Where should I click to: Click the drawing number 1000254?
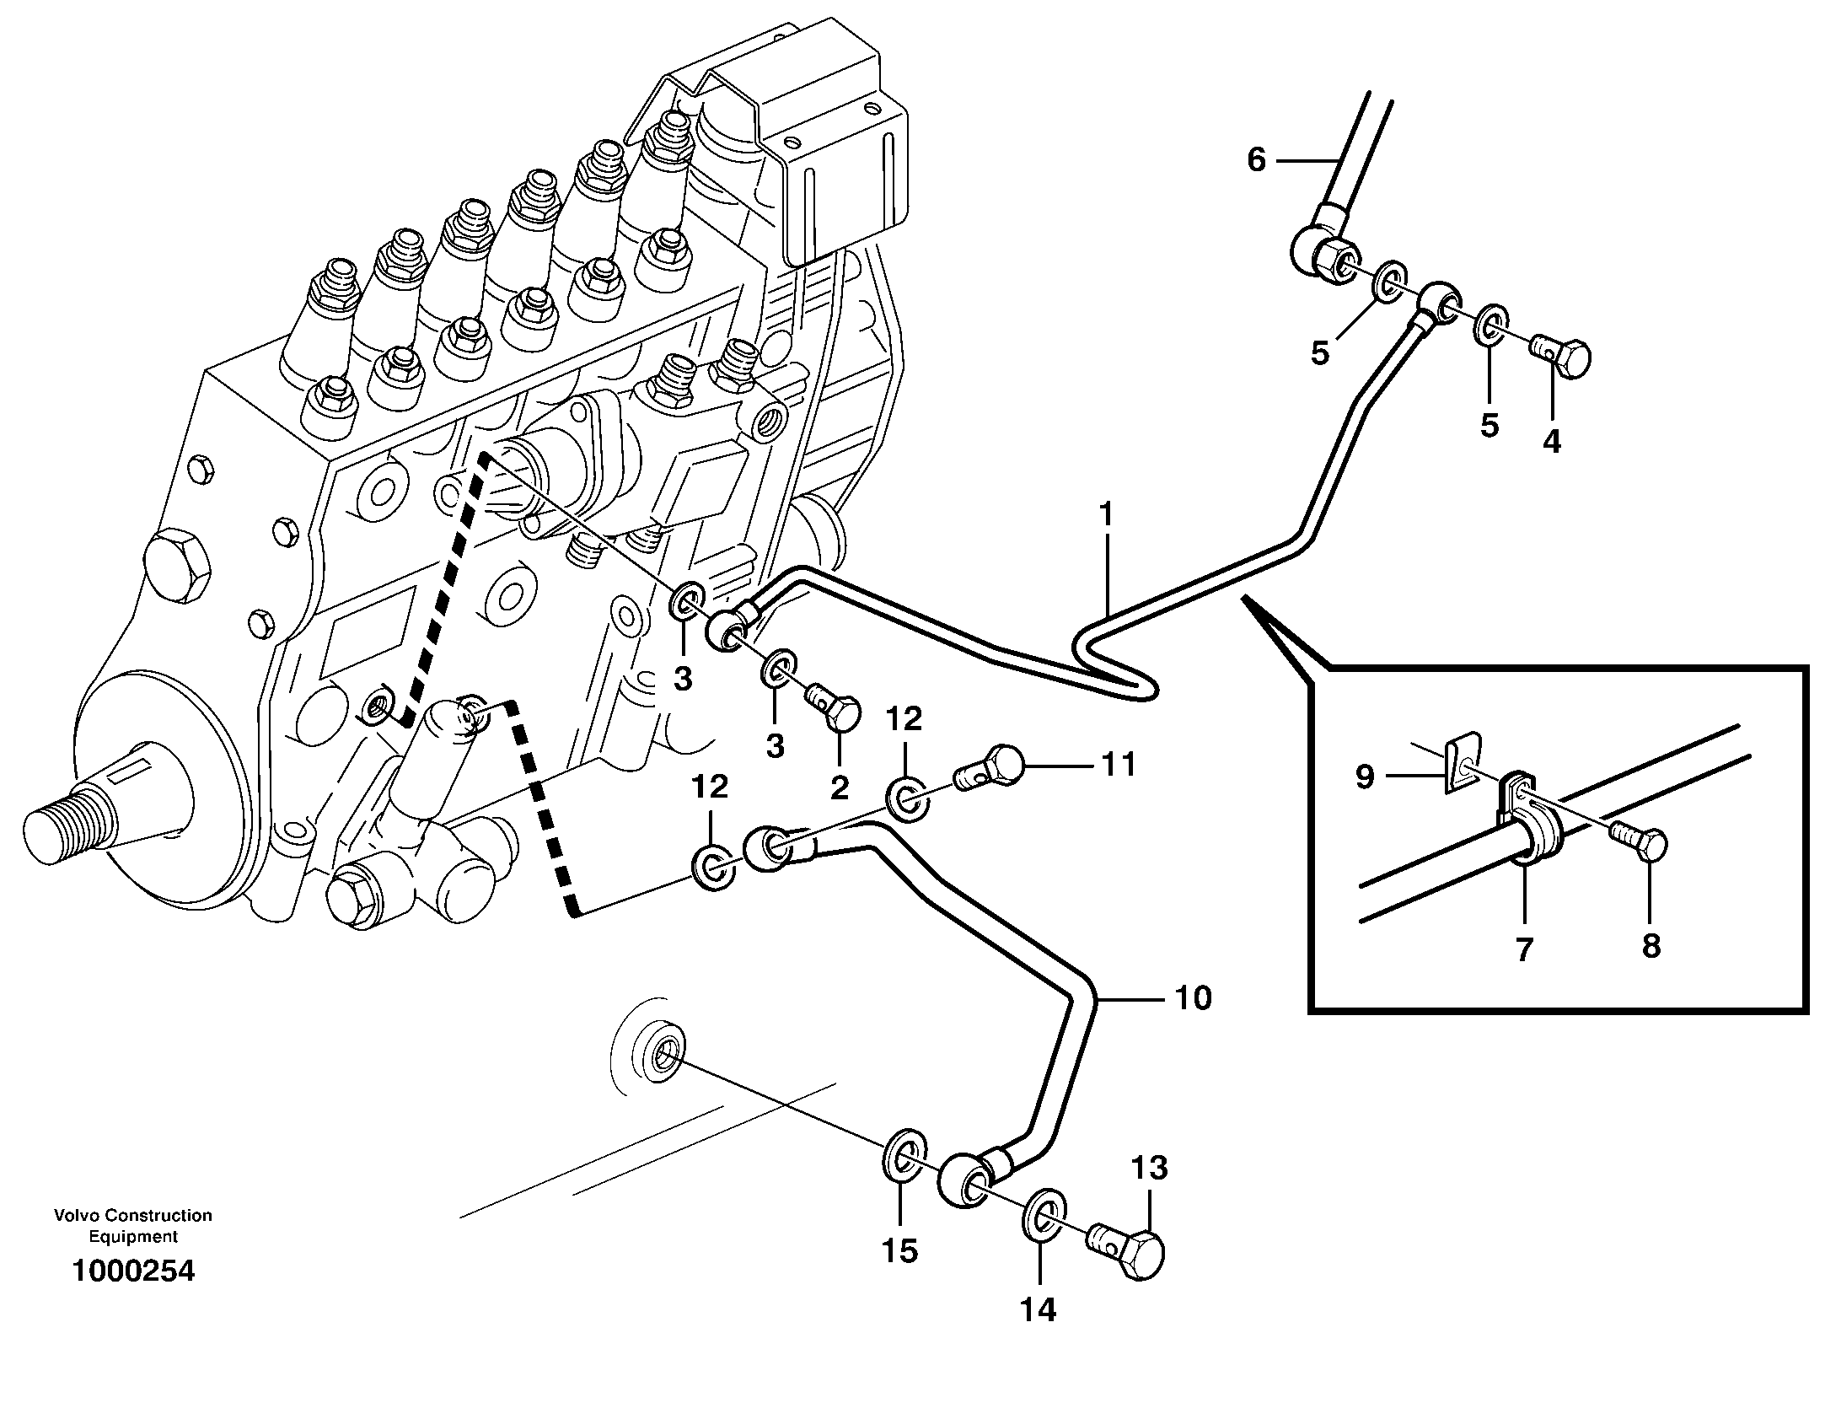pos(133,1271)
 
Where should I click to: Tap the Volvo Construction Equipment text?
pos(133,1226)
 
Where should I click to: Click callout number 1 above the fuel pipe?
pos(1105,513)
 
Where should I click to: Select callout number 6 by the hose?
pos(1256,159)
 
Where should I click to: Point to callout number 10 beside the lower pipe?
pos(1193,998)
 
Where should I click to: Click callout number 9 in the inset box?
pos(1365,777)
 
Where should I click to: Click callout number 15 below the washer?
pos(899,1250)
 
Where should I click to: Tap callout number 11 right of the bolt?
pos(1118,765)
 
